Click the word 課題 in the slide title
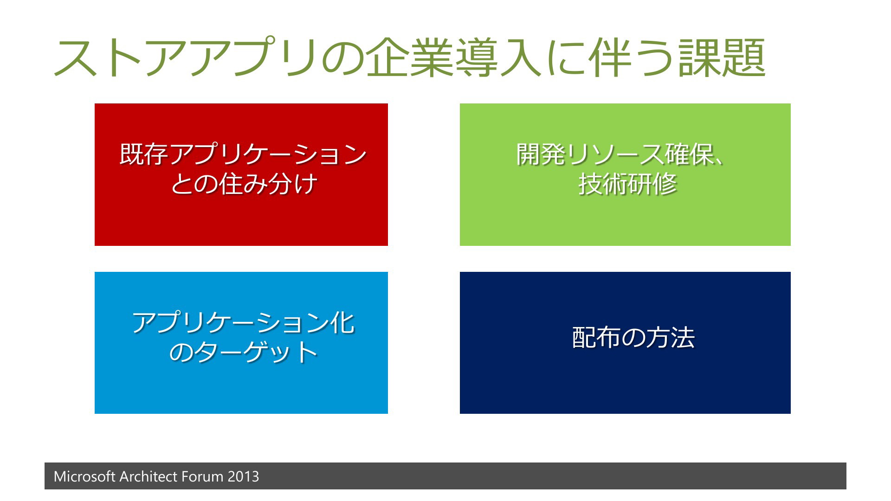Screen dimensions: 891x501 tap(723, 58)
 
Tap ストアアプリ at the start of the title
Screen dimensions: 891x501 tap(186, 58)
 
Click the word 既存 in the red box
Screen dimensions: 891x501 tap(144, 154)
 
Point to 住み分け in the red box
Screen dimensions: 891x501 tap(269, 184)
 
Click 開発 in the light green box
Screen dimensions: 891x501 tap(541, 154)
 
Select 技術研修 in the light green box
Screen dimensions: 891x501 tap(628, 184)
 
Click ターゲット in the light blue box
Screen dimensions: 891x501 tap(256, 352)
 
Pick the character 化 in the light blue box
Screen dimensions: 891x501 tap(342, 322)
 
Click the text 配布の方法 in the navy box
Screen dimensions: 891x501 tap(633, 337)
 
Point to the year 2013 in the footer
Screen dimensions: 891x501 tap(243, 476)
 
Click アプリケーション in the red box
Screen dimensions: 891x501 tap(268, 154)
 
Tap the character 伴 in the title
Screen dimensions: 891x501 tap(608, 58)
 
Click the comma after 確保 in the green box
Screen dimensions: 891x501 tap(719, 161)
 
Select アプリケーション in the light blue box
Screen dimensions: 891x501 tap(231, 322)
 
